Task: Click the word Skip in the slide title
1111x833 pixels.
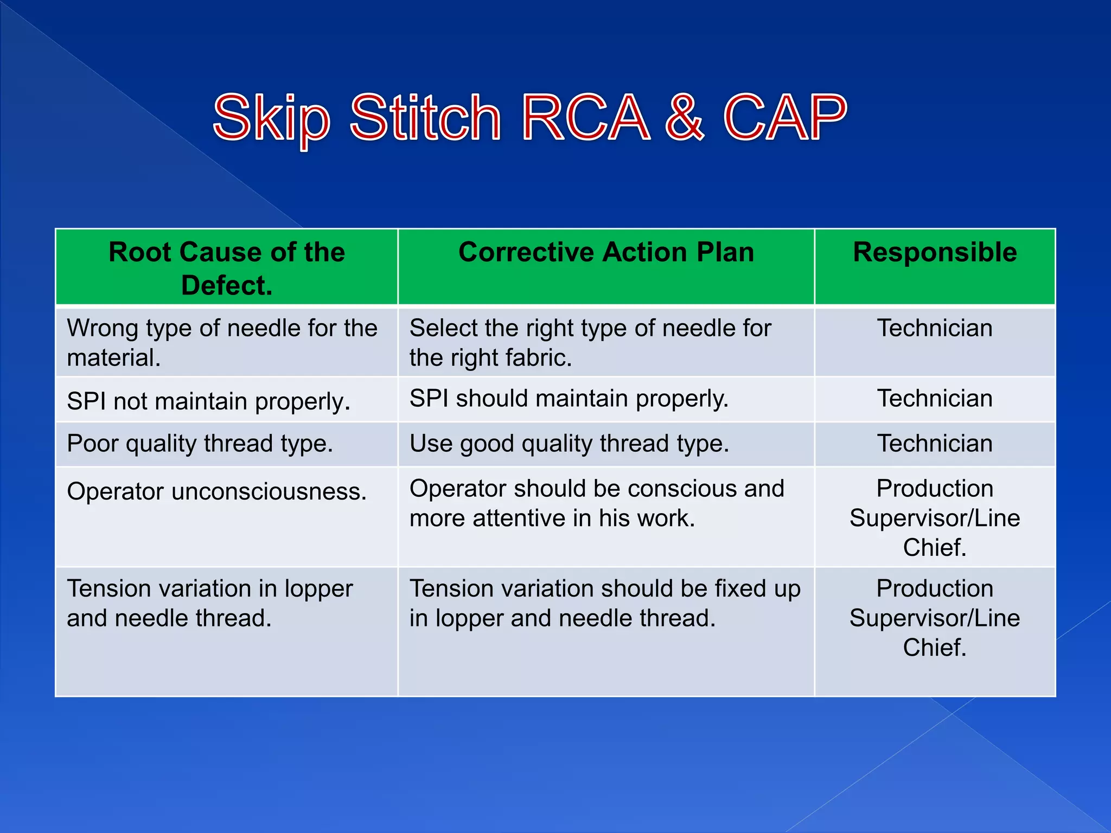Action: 271,118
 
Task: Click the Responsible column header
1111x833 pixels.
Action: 934,253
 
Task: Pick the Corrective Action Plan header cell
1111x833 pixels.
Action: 606,253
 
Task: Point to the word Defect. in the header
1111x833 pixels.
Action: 227,286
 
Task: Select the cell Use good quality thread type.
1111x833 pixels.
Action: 569,444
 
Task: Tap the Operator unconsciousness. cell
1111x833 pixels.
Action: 216,492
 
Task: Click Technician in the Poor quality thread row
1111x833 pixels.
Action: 934,444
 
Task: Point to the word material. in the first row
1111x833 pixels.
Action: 113,358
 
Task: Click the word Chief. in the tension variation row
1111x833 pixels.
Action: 934,648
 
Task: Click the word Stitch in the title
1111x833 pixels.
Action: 425,118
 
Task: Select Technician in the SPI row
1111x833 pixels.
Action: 934,399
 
